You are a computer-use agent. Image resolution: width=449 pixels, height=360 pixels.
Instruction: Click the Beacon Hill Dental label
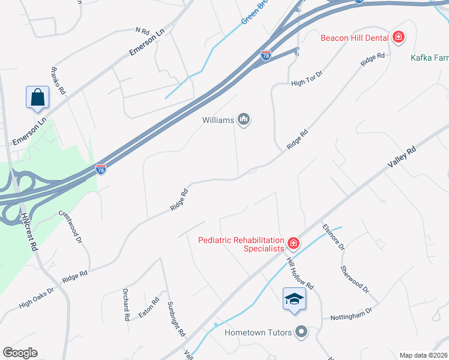354,38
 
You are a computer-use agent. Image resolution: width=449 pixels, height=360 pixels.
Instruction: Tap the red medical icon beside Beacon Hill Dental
398,38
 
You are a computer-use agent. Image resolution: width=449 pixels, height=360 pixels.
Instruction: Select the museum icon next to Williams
244,120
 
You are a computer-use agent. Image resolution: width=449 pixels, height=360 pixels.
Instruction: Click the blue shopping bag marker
37,97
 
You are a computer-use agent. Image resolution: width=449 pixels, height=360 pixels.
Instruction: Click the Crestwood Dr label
70,223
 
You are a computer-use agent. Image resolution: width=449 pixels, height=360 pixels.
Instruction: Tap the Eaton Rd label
148,307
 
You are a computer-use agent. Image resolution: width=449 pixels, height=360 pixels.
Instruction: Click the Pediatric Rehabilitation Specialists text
241,244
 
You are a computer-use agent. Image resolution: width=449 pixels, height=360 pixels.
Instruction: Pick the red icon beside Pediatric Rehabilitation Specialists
294,243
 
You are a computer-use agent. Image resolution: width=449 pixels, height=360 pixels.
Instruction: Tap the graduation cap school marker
294,299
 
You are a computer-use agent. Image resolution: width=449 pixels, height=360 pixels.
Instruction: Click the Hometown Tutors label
258,332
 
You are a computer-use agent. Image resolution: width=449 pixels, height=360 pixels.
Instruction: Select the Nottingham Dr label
351,315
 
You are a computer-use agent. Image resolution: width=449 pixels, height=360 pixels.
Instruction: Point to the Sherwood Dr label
355,279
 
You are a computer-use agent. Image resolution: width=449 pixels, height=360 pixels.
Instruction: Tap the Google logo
20,353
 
